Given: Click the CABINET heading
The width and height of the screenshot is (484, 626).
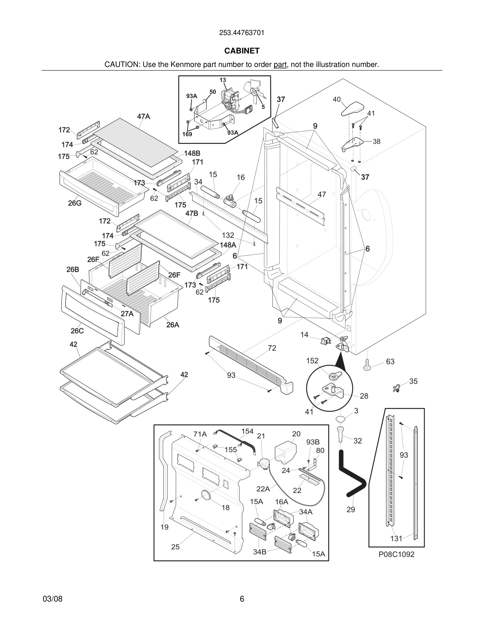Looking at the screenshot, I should coord(242,51).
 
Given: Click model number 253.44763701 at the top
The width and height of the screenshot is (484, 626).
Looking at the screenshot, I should coord(242,33).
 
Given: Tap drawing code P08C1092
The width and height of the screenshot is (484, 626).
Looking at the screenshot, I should coord(396,554).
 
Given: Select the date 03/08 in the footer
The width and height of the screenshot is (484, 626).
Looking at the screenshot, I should coord(52,599).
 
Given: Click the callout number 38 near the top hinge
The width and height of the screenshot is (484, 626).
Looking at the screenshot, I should coord(376,141).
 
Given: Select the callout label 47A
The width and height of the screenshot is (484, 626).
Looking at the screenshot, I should coord(143,116).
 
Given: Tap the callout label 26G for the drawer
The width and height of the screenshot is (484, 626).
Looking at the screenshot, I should coord(75,203).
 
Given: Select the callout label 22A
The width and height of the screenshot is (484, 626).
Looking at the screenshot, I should coord(263,489).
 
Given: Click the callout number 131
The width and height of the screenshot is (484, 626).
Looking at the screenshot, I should coord(396,539).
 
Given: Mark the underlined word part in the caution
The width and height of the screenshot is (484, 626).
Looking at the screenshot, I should coord(280,65).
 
